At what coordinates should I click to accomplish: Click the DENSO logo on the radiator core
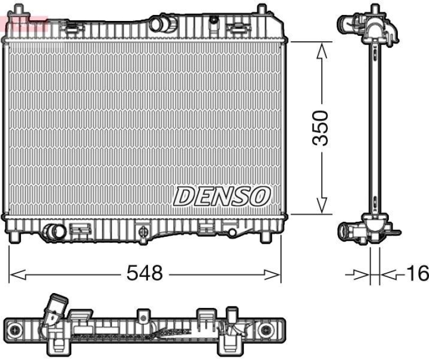tap(221, 196)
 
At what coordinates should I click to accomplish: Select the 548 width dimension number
tap(144, 274)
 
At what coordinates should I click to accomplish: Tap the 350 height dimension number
tap(321, 129)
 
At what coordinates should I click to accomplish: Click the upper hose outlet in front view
tap(159, 24)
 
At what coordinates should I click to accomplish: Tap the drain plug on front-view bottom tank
tap(143, 231)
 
